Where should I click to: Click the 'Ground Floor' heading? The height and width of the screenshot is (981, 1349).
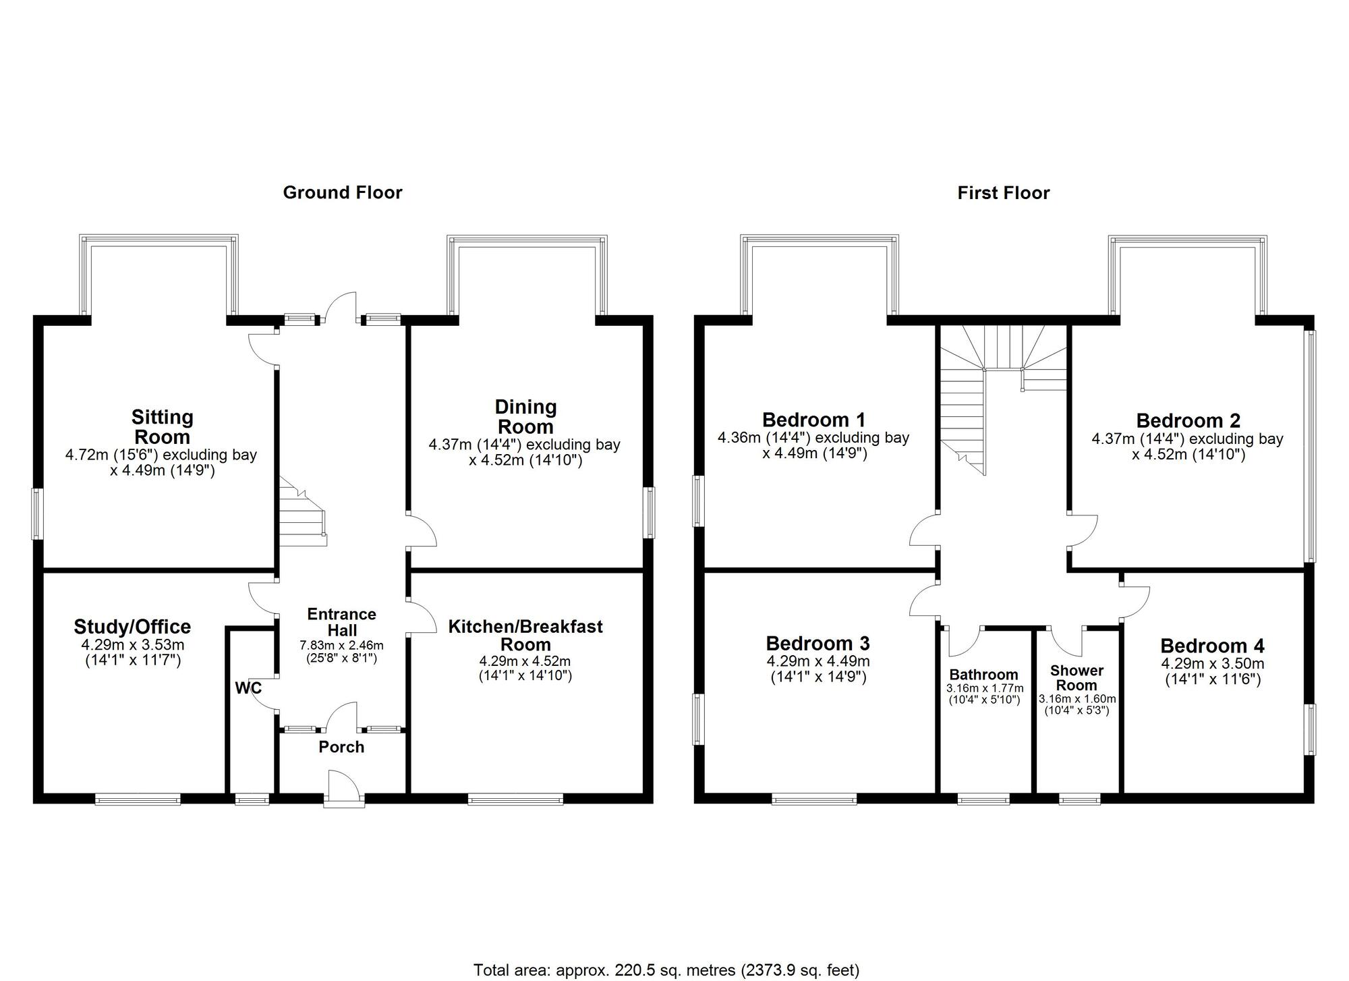pyautogui.click(x=343, y=193)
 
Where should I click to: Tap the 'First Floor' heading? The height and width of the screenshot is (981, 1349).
pyautogui.click(x=1004, y=194)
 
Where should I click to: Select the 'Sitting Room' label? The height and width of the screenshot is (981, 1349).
pyautogui.click(x=163, y=426)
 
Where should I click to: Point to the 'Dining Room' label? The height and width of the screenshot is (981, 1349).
pyautogui.click(x=525, y=416)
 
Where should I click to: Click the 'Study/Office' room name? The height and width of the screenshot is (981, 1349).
pyautogui.click(x=132, y=627)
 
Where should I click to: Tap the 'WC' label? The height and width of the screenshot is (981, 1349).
pyautogui.click(x=248, y=688)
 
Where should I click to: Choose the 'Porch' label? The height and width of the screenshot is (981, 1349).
pyautogui.click(x=341, y=747)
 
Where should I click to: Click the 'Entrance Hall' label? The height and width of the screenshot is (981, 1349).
pyautogui.click(x=342, y=622)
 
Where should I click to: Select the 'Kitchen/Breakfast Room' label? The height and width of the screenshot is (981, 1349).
pyautogui.click(x=525, y=635)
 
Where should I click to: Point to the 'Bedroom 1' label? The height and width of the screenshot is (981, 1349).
pyautogui.click(x=813, y=420)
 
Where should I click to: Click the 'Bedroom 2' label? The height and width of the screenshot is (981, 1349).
pyautogui.click(x=1188, y=420)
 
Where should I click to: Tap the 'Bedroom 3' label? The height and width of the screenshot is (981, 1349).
pyautogui.click(x=817, y=643)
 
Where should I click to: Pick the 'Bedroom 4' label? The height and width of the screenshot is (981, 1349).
pyautogui.click(x=1212, y=646)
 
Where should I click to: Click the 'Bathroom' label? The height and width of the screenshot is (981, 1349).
pyautogui.click(x=983, y=675)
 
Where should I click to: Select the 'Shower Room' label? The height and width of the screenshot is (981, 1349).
pyautogui.click(x=1077, y=677)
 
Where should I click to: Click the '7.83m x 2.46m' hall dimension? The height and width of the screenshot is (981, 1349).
pyautogui.click(x=341, y=646)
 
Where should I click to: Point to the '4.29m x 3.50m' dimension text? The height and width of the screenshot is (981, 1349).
pyautogui.click(x=1213, y=664)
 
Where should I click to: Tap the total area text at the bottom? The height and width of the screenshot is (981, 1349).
pyautogui.click(x=666, y=970)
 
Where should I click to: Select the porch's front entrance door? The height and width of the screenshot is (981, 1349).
pyautogui.click(x=344, y=788)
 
